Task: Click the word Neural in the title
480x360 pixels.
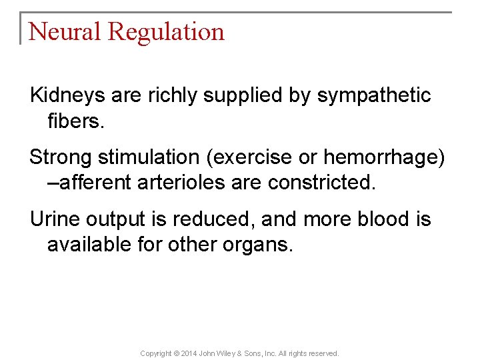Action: click(x=64, y=31)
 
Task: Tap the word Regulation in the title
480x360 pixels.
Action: click(x=166, y=32)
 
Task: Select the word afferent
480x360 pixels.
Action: click(x=95, y=183)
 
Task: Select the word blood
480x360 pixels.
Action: click(x=365, y=219)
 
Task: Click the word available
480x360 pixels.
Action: click(x=89, y=244)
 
